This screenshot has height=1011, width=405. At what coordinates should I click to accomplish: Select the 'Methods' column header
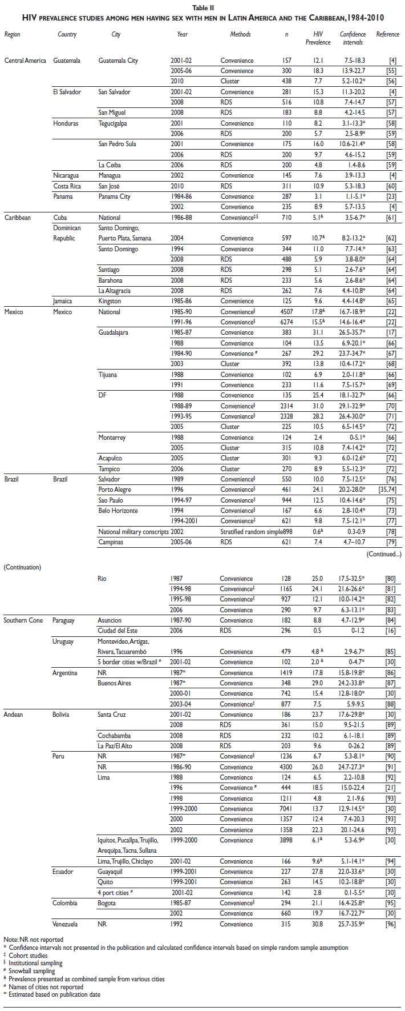[x=240, y=34]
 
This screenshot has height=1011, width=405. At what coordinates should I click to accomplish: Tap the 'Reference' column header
[x=387, y=34]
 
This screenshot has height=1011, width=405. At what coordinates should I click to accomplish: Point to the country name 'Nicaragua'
[x=67, y=175]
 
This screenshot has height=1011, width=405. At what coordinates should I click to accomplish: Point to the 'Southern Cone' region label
[x=24, y=620]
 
